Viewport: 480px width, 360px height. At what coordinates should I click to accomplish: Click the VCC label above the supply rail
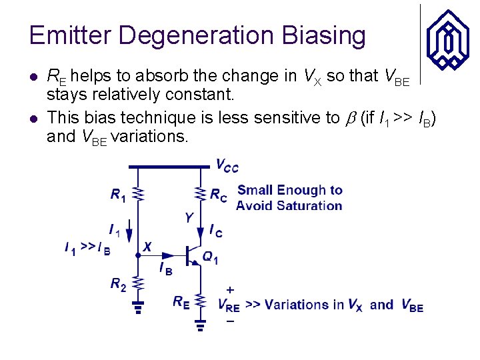[x=226, y=165]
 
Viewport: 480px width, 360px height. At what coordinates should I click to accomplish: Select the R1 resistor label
[x=118, y=195]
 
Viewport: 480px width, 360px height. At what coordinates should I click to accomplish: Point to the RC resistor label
[x=218, y=195]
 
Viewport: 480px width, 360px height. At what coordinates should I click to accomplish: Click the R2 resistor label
[x=118, y=285]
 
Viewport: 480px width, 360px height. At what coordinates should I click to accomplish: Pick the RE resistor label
[x=181, y=302]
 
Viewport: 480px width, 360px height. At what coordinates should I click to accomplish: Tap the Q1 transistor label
[x=210, y=258]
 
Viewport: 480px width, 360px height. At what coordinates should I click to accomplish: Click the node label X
[x=147, y=247]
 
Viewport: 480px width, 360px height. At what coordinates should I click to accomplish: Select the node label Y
[x=189, y=218]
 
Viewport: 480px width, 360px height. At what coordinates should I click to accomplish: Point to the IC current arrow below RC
[x=200, y=230]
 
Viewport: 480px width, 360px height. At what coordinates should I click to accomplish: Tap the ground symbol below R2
[x=138, y=309]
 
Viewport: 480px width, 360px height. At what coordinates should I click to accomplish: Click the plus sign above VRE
[x=229, y=291]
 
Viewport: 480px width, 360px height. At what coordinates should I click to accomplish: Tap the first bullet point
[x=34, y=76]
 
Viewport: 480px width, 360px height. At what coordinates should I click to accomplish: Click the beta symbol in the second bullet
[x=350, y=119]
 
